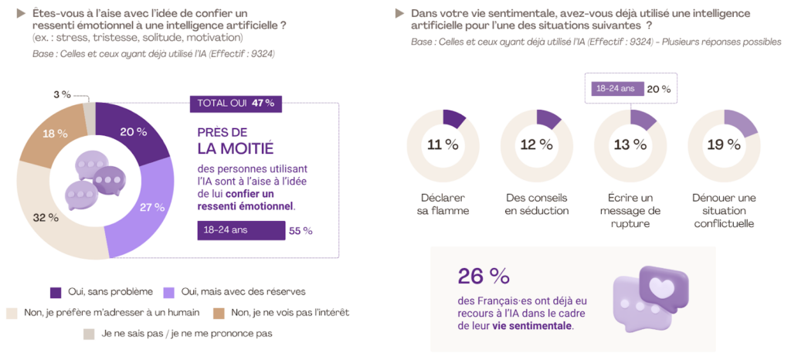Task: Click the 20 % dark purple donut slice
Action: pyautogui.click(x=134, y=132)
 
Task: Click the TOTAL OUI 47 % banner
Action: pyautogui.click(x=236, y=103)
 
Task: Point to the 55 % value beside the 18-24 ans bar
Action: pyautogui.click(x=300, y=230)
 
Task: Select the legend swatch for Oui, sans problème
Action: pyautogui.click(x=56, y=291)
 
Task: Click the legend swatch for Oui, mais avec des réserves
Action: pyautogui.click(x=168, y=291)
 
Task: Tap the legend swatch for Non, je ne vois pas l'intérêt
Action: pyautogui.click(x=219, y=312)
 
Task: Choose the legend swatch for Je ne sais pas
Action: pyautogui.click(x=89, y=334)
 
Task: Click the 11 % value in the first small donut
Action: pyautogui.click(x=443, y=144)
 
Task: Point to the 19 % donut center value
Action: pyautogui.click(x=724, y=144)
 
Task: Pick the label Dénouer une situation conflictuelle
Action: pyautogui.click(x=724, y=210)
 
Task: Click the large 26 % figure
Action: pyautogui.click(x=484, y=276)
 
